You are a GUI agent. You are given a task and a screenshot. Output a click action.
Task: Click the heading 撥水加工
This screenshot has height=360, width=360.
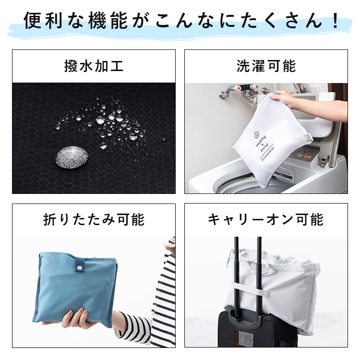coord(94,66)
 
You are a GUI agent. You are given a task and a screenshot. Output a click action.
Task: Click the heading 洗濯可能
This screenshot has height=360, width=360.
coord(266,66)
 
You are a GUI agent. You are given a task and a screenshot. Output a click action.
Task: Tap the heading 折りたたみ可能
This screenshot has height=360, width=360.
coord(94,220)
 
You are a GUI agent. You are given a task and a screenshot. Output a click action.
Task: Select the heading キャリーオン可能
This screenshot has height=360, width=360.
coord(266,220)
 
